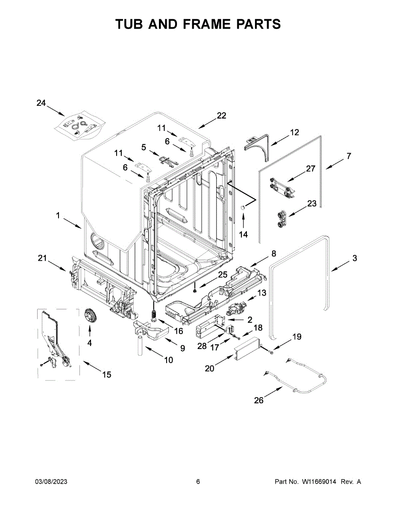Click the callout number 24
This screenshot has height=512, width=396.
point(41,103)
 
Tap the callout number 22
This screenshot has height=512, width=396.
point(221,116)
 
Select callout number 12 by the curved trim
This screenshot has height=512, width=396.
point(295,132)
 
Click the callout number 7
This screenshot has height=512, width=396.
point(349,156)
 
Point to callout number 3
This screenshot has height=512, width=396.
point(355,258)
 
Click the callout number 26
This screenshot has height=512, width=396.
point(259,400)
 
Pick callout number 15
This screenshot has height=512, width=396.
point(106,375)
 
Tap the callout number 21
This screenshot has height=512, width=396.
point(42,258)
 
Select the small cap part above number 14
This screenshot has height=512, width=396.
point(243,207)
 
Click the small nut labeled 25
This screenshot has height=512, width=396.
point(195,291)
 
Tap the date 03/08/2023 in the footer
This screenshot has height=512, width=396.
point(51,482)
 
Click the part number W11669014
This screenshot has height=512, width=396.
point(319,482)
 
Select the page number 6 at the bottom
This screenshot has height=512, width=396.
point(198,482)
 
